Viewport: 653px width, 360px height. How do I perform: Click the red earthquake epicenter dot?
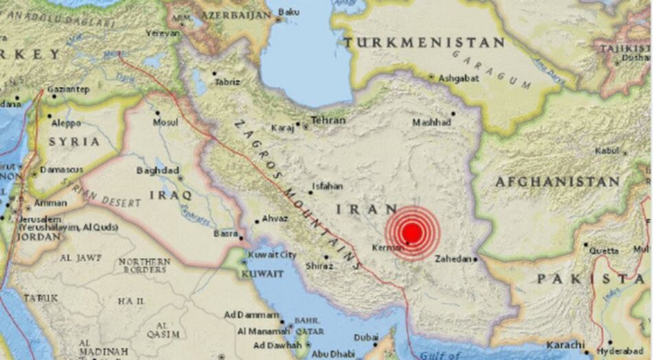pyautogui.click(x=412, y=232)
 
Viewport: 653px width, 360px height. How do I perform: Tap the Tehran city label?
pyautogui.click(x=328, y=120)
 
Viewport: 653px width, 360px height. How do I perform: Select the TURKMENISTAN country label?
pyautogui.click(x=424, y=43)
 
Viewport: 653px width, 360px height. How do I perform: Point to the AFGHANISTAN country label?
pyautogui.click(x=557, y=182)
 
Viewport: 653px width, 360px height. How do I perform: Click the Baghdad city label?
pyautogui.click(x=157, y=170)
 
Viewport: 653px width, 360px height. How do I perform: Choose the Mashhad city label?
pyautogui.click(x=432, y=122)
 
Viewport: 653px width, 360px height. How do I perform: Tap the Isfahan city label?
pyautogui.click(x=327, y=185)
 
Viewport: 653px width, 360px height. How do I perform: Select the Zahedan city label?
pyautogui.click(x=454, y=259)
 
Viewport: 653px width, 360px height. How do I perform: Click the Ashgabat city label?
pyautogui.click(x=458, y=78)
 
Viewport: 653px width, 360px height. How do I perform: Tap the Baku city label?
pyautogui.click(x=290, y=12)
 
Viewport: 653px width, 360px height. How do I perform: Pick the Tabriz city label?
pyautogui.click(x=228, y=82)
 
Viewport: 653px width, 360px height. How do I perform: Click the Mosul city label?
pyautogui.click(x=165, y=122)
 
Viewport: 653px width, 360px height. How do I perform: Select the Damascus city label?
pyautogui.click(x=62, y=169)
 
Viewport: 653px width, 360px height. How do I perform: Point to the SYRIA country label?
pyautogui.click(x=74, y=142)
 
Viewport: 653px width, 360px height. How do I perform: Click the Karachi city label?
pyautogui.click(x=565, y=344)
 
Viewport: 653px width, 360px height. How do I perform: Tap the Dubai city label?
pyautogui.click(x=366, y=337)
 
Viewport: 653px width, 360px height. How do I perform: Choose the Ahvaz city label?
pyautogui.click(x=275, y=219)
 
